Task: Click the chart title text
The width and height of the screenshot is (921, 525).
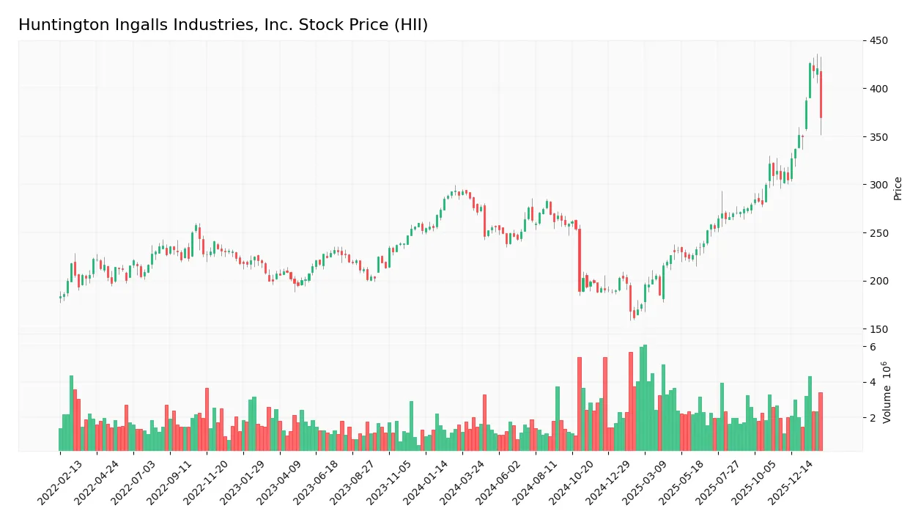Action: pos(223,25)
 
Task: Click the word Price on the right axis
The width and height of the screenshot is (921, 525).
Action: pos(898,188)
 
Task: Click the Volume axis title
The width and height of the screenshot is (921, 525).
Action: pos(887,392)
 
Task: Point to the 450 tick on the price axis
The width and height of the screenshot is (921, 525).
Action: pos(879,41)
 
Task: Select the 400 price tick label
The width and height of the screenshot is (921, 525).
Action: pos(879,89)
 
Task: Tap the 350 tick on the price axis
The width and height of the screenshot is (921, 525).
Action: pos(879,137)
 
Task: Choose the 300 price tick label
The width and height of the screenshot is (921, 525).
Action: pos(879,185)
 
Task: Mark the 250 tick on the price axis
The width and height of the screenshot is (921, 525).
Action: pos(879,233)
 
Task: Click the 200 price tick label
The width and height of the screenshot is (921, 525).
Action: pos(879,281)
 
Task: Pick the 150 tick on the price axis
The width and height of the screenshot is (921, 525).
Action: pos(879,329)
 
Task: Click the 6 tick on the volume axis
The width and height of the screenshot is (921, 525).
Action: pos(873,347)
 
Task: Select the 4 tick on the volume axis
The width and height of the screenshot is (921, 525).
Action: pos(873,382)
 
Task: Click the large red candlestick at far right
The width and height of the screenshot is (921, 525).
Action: pos(821,94)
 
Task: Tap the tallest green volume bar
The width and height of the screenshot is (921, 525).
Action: pos(645,397)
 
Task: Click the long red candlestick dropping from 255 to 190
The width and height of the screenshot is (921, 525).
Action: pos(579,260)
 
